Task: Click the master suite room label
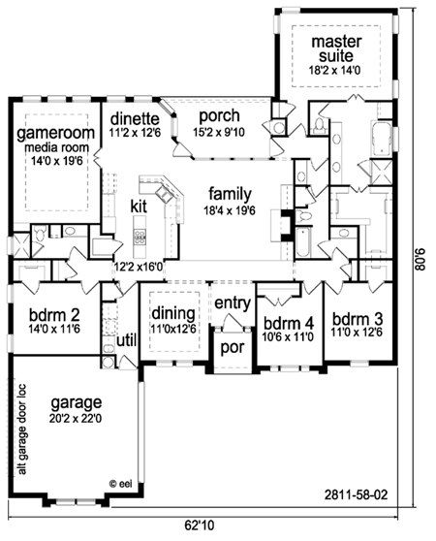point(336,48)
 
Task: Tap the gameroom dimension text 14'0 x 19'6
point(57,160)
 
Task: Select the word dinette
point(135,119)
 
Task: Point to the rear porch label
point(219,116)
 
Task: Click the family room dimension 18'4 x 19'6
point(230,210)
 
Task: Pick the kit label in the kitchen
point(139,207)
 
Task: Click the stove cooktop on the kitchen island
point(140,237)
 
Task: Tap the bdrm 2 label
point(54,315)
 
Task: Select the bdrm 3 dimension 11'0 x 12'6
point(357,333)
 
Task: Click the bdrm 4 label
point(289,323)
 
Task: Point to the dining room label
point(173,313)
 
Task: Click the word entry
point(233,303)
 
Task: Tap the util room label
point(127,340)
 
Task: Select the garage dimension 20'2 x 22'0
point(76,419)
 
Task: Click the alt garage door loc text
point(22,429)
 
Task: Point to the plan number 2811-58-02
point(356,495)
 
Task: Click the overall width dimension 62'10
point(200,525)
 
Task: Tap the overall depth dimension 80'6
point(420,260)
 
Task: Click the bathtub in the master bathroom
point(381,138)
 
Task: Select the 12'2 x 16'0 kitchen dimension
point(139,267)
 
